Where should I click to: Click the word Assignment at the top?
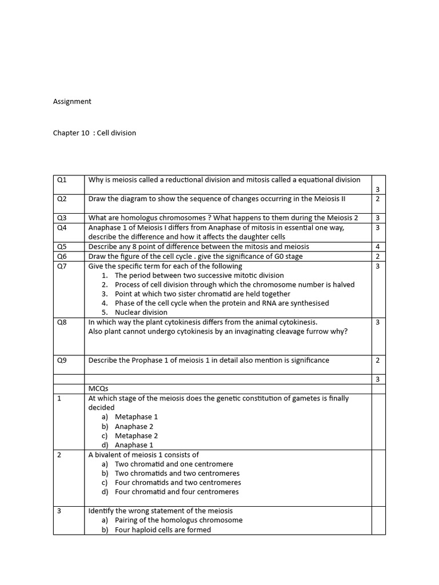point(72,102)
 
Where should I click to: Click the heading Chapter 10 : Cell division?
point(94,133)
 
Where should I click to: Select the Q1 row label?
point(62,180)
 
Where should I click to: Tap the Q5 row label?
point(62,247)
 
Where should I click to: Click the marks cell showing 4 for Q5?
point(378,247)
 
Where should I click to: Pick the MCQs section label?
point(98,388)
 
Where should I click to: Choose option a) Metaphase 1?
point(136,417)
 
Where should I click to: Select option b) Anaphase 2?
point(134,426)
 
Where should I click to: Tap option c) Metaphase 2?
point(136,436)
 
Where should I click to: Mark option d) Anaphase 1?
point(134,445)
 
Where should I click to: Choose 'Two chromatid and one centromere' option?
point(174,464)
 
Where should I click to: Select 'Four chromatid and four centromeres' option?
point(177,491)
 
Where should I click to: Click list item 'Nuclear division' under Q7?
point(141,312)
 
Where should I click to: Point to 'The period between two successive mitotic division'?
point(199,275)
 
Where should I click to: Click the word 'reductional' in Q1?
point(184,180)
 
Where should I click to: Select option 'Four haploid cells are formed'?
point(162,530)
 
